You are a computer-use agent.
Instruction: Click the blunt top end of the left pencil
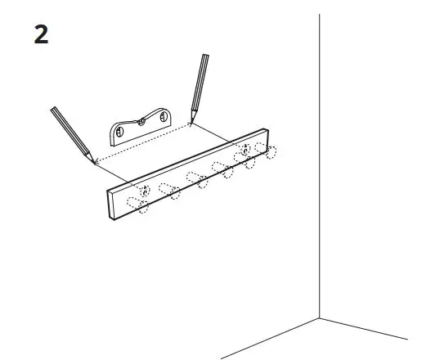click(x=53, y=109)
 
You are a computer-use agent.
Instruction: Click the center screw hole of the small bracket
click(x=141, y=123)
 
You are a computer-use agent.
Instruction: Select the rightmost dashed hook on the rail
click(x=268, y=151)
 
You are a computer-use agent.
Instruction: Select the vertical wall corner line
click(x=320, y=164)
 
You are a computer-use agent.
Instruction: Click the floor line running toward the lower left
click(x=270, y=337)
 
